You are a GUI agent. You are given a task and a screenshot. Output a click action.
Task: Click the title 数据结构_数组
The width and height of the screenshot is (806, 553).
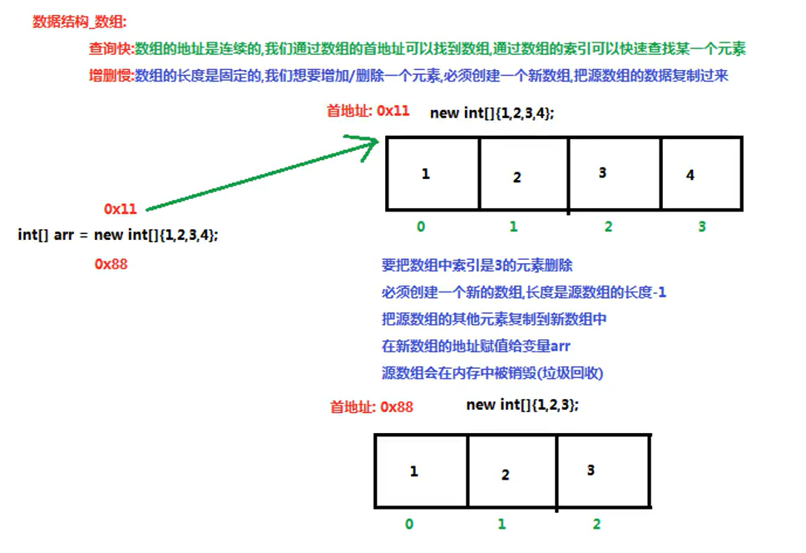tap(79, 22)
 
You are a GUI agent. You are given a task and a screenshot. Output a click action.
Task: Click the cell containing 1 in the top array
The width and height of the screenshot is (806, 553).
tap(433, 173)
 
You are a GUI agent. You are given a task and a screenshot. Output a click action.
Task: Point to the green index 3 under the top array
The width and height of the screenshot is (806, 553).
tap(702, 227)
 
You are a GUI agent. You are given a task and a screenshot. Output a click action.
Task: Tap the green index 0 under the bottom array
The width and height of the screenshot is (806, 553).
tap(408, 524)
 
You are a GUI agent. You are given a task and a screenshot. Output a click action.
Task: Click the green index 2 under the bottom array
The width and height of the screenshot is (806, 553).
tap(597, 524)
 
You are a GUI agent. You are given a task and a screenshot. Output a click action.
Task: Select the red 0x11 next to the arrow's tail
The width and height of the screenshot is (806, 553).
tap(121, 208)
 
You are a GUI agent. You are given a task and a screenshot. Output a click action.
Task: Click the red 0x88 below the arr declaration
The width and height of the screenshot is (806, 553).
tap(111, 264)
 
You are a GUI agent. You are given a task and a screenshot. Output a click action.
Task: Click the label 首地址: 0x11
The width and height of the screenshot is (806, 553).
tap(368, 110)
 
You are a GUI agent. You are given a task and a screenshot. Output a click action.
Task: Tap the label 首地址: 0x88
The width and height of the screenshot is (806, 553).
tap(371, 407)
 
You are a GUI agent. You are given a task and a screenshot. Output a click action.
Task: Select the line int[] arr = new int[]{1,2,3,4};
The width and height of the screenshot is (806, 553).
tap(118, 235)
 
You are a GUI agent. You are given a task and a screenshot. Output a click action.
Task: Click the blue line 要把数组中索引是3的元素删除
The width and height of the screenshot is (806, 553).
tap(477, 266)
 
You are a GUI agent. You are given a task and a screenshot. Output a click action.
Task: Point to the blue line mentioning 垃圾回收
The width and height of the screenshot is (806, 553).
tap(492, 372)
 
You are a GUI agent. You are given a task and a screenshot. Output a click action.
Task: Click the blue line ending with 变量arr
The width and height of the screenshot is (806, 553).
tap(476, 346)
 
